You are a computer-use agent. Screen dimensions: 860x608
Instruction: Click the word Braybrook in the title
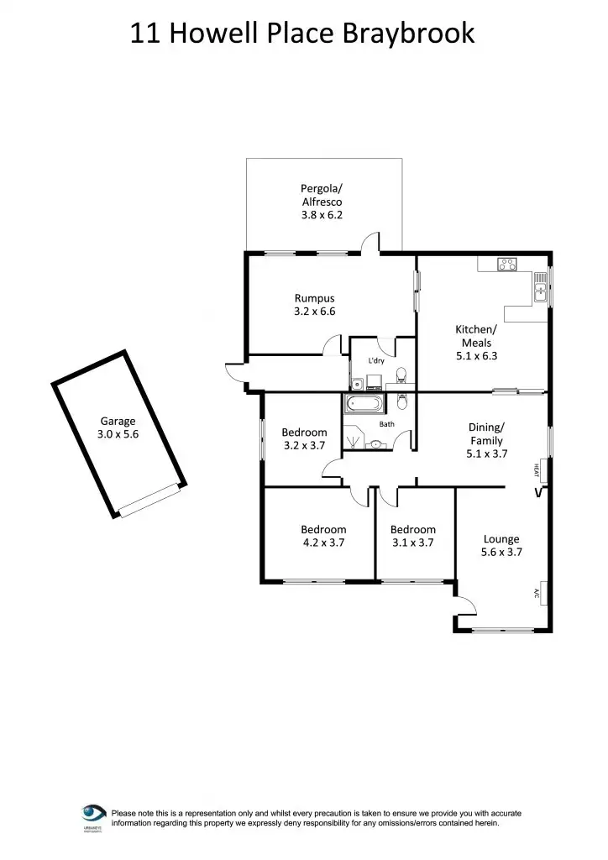(x=409, y=34)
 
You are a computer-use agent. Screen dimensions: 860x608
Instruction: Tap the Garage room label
(x=117, y=422)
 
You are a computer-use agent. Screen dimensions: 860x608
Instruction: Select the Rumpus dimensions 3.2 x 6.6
(x=315, y=312)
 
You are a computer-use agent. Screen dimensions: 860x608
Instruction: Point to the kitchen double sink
(x=539, y=291)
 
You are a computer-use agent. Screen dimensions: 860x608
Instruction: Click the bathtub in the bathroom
(x=362, y=407)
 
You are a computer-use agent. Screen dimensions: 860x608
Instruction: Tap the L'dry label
(x=377, y=361)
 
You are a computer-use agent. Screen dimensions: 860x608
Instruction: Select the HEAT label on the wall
(x=536, y=469)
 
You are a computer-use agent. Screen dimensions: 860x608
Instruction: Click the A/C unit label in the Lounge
(x=536, y=594)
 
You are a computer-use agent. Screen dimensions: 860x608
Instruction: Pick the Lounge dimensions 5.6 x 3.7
(x=501, y=553)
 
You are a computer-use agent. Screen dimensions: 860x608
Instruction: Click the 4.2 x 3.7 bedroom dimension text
(x=323, y=543)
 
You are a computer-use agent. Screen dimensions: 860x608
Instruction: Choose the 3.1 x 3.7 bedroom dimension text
(x=412, y=543)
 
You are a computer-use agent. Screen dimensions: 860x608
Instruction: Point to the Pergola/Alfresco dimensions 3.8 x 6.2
(x=322, y=215)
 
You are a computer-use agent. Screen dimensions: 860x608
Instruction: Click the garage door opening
(x=151, y=501)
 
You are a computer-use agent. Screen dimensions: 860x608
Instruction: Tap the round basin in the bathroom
(x=374, y=444)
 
